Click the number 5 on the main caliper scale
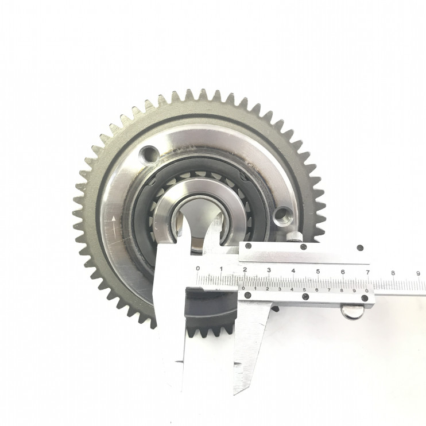(318, 271)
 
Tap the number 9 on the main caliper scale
(418, 273)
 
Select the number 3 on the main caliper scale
(269, 270)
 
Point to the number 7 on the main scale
(368, 272)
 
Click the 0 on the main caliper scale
(197, 269)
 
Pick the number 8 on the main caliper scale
(393, 273)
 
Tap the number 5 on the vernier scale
(304, 289)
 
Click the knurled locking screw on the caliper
(294, 237)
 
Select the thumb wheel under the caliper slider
(353, 312)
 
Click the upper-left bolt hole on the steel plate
(149, 156)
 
